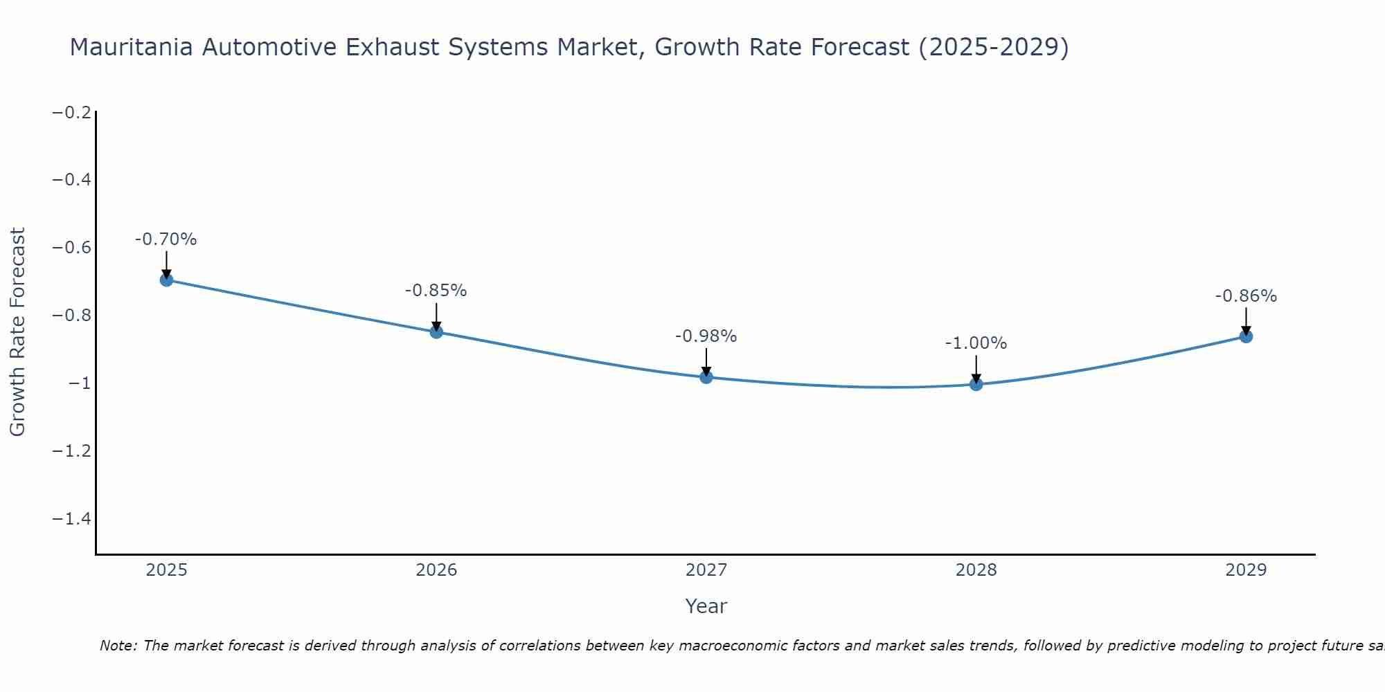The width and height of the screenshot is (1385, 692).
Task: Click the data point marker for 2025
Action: point(166,280)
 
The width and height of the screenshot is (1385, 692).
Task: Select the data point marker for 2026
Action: point(436,332)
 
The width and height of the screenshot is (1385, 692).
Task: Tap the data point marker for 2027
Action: point(706,377)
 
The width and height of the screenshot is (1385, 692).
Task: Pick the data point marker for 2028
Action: point(976,384)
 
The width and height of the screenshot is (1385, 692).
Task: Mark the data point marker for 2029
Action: point(1246,336)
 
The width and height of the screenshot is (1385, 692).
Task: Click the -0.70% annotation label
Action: point(166,239)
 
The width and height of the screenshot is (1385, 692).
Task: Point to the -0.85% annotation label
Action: point(436,291)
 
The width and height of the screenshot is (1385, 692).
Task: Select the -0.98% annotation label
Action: point(706,336)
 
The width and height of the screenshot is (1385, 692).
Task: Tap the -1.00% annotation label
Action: point(976,343)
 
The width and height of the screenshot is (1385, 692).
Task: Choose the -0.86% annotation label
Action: point(1246,296)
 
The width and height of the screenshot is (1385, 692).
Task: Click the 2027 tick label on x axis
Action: point(706,570)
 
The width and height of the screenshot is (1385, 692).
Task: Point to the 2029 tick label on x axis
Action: point(1246,570)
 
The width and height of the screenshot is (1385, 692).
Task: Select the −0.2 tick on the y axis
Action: point(72,113)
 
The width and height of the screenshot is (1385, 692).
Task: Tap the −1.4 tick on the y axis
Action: point(72,519)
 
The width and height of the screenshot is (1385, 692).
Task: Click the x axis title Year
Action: point(706,606)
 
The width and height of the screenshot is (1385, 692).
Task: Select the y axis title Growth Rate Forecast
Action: point(17,332)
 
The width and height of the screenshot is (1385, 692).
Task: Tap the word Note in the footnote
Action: point(118,646)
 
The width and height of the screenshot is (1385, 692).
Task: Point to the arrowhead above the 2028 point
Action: point(976,378)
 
